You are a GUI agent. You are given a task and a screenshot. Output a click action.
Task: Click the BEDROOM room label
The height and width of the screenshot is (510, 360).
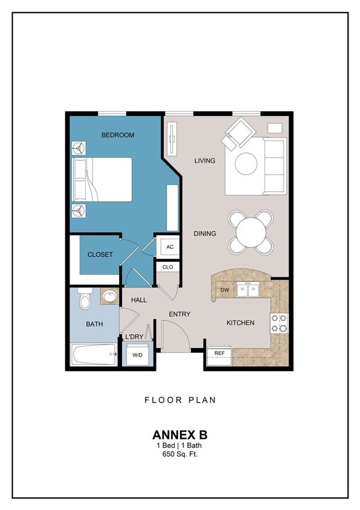pyautogui.click(x=118, y=135)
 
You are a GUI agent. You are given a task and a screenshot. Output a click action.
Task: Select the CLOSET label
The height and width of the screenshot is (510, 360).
pyautogui.click(x=100, y=254)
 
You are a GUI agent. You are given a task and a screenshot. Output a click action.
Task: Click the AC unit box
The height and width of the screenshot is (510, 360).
pyautogui.click(x=169, y=247)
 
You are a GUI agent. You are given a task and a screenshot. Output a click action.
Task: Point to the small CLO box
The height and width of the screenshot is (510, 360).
pyautogui.click(x=168, y=266)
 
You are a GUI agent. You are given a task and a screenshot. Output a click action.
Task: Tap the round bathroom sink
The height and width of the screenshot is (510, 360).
pyautogui.click(x=110, y=297)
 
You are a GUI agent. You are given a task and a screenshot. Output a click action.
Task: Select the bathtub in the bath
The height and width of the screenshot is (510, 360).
pyautogui.click(x=94, y=354)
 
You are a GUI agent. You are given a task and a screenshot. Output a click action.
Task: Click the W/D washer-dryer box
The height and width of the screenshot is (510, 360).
pyautogui.click(x=138, y=355)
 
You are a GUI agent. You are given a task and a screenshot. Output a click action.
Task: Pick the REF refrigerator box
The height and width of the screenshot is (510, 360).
pyautogui.click(x=220, y=353)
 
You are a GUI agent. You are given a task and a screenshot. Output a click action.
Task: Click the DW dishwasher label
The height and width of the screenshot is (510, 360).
pyautogui.click(x=225, y=290)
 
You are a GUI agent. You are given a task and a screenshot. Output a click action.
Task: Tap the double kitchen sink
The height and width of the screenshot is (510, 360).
pyautogui.click(x=248, y=290)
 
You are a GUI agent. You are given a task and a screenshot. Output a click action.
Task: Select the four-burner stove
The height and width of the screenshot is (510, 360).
pyautogui.click(x=278, y=323)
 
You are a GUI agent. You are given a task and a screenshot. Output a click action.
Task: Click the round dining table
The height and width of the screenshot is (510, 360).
pyautogui.click(x=250, y=231)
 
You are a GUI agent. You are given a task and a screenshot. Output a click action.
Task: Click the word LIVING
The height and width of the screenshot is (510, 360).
pyautogui.click(x=205, y=161)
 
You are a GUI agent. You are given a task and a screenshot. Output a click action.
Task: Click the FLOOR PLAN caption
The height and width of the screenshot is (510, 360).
pyautogui.click(x=180, y=399)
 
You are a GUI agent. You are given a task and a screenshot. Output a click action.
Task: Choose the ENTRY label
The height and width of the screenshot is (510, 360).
pyautogui.click(x=180, y=314)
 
